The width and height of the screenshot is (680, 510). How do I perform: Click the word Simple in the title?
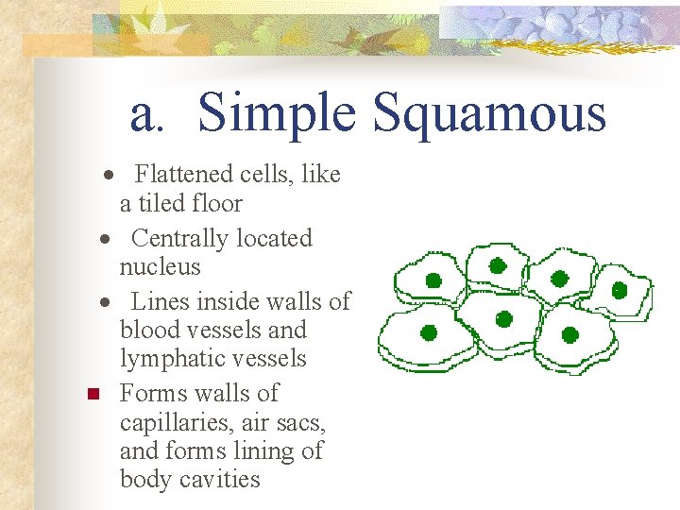pos(277,114)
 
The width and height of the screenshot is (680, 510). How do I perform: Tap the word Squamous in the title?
pos(488,114)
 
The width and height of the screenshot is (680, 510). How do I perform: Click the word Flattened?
pos(182,175)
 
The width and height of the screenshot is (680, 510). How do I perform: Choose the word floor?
pos(216,204)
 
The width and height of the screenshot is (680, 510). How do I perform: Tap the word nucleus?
pos(160,267)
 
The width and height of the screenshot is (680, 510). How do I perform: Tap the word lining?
pos(259,451)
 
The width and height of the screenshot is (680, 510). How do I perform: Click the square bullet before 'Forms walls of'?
pos(92,394)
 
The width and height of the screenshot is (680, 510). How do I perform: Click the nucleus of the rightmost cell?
pos(620,290)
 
